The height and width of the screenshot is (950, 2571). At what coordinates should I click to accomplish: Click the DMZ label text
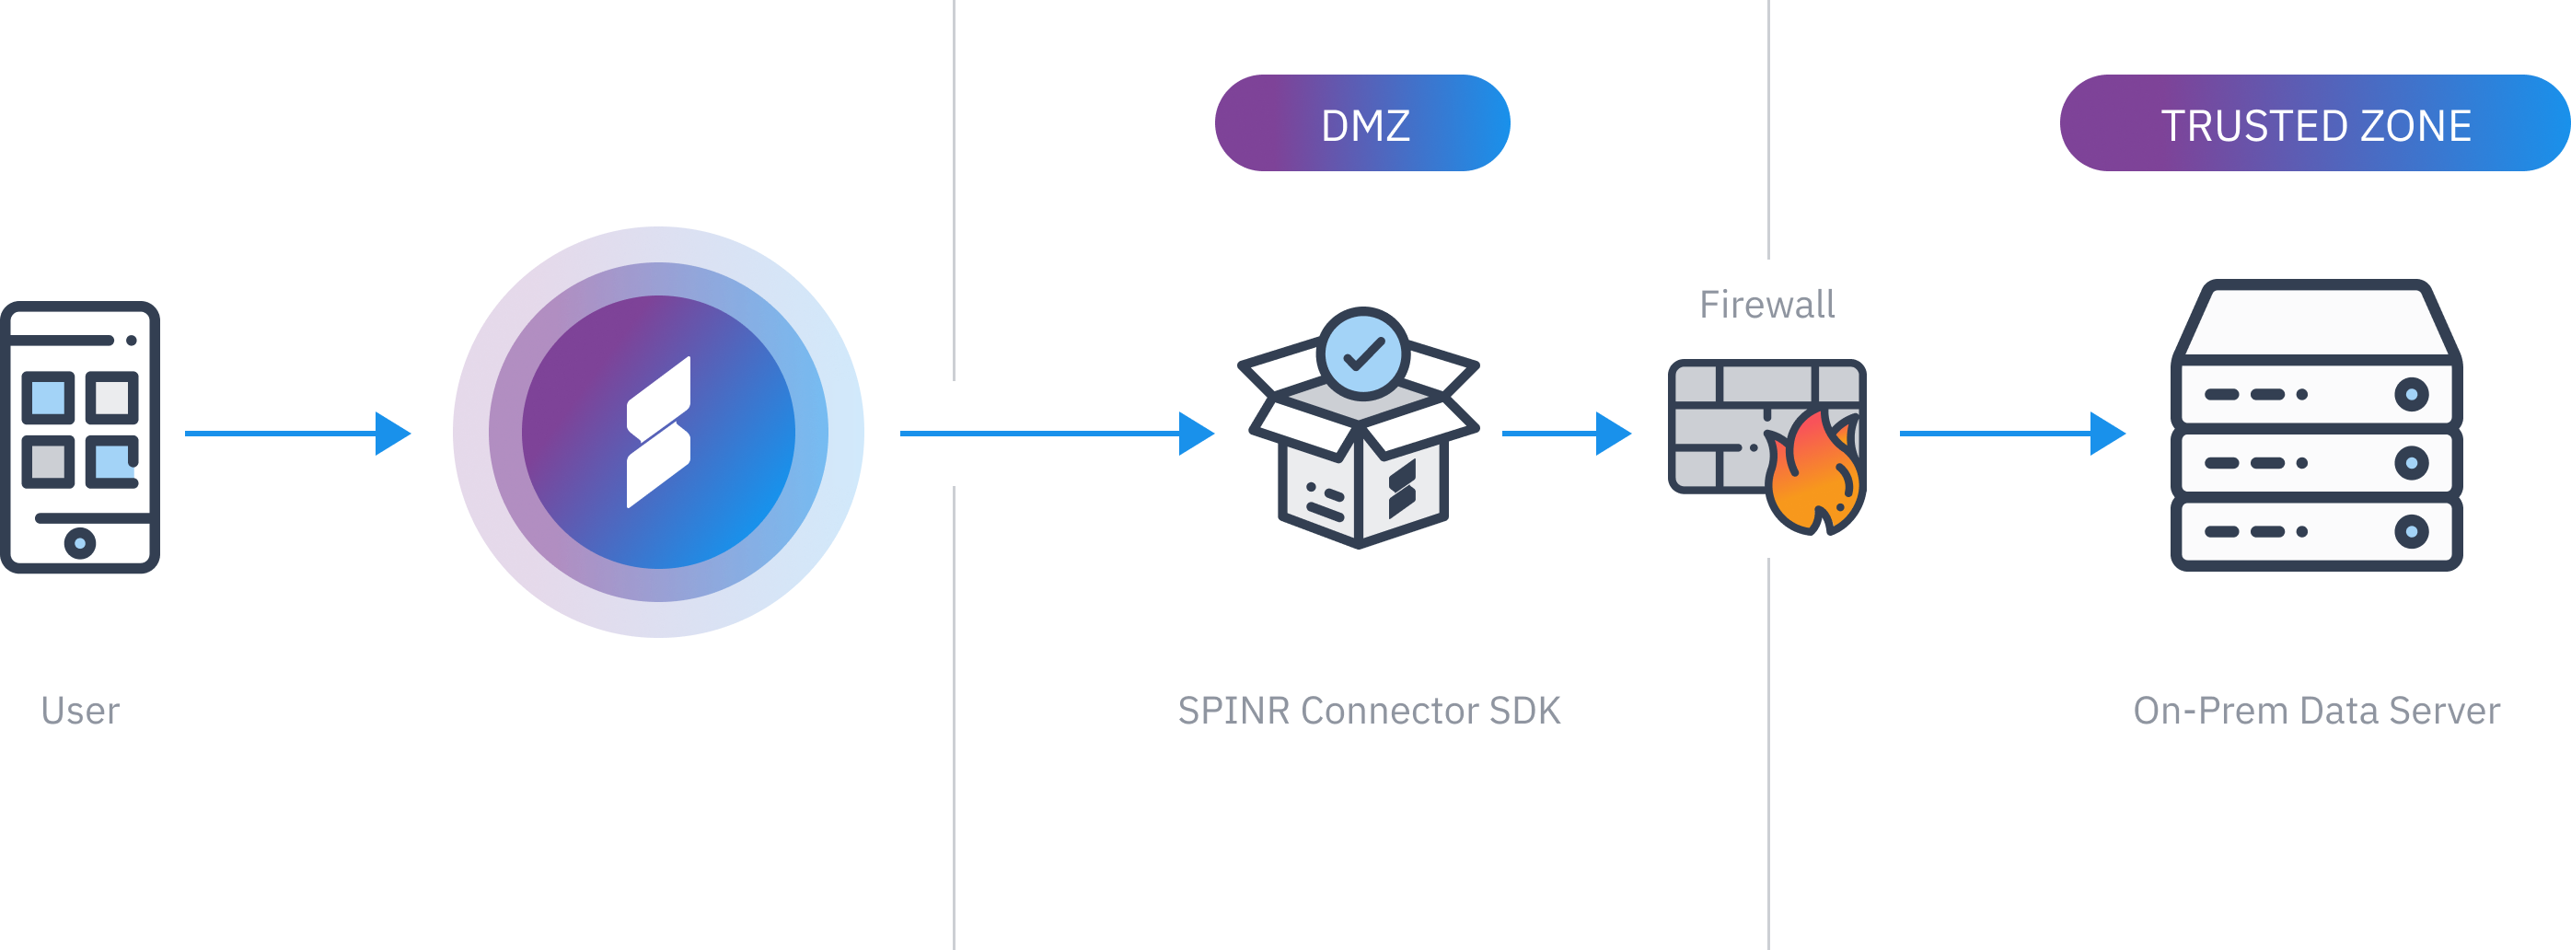pos(1364,126)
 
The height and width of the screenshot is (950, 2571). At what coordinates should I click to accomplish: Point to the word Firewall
pos(1766,305)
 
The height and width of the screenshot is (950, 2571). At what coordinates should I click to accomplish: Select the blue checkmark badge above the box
pos(1362,354)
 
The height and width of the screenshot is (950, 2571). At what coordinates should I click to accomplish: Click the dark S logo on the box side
pos(1402,488)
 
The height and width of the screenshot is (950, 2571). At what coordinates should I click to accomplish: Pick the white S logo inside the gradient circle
pos(659,432)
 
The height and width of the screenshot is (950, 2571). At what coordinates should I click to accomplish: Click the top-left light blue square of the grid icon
pos(48,397)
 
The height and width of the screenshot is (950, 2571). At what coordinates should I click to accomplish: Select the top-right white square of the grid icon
pos(111,397)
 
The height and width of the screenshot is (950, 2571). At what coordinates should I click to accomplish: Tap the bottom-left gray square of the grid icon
pos(48,461)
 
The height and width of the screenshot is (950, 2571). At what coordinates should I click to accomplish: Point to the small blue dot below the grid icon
pos(80,543)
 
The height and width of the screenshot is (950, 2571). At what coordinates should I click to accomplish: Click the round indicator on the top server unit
pos(2412,394)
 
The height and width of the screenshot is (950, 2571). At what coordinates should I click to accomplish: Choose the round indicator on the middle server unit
pos(2412,463)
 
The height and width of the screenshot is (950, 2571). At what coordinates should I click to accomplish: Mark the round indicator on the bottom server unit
pos(2412,532)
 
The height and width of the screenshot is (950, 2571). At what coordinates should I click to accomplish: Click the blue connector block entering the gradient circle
pos(413,433)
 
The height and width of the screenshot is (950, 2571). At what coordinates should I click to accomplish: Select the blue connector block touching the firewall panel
pos(1623,433)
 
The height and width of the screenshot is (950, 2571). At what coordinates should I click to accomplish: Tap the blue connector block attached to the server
pos(2129,433)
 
